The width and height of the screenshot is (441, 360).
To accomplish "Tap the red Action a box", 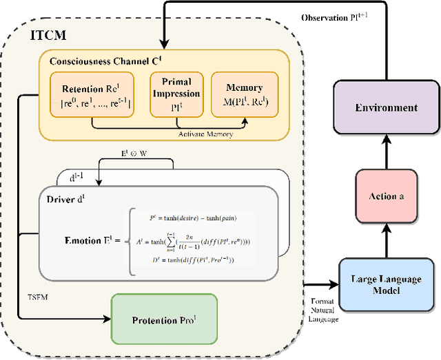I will (x=387, y=196).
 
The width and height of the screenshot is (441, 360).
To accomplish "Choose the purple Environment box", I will (x=387, y=107).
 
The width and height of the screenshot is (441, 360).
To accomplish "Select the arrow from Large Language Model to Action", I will (x=387, y=242).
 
